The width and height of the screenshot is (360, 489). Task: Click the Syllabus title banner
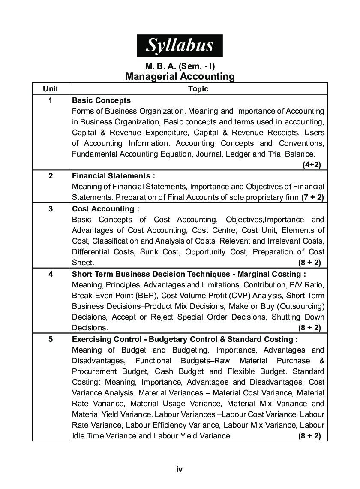click(180, 45)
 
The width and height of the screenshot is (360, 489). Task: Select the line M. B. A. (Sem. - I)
click(180, 66)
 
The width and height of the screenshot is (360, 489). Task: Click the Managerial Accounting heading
click(180, 77)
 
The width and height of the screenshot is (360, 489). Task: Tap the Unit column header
click(51, 89)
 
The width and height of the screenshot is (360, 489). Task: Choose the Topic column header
click(198, 89)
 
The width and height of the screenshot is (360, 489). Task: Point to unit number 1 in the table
click(51, 100)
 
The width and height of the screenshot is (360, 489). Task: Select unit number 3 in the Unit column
click(51, 209)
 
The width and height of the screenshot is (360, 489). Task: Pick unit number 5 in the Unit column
click(51, 339)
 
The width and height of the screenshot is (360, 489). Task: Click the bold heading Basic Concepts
click(101, 100)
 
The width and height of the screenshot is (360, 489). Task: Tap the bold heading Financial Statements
click(113, 176)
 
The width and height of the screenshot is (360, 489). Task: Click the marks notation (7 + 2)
click(312, 197)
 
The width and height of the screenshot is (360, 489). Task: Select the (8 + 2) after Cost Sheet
click(309, 263)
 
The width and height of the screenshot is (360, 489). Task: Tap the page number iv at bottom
click(180, 469)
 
